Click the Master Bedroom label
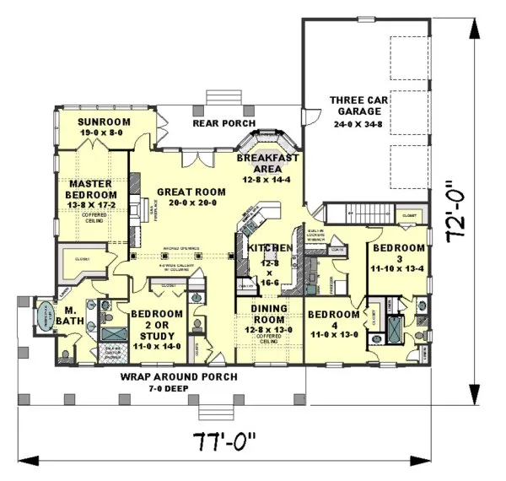93,189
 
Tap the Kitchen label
270,247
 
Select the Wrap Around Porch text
178,376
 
